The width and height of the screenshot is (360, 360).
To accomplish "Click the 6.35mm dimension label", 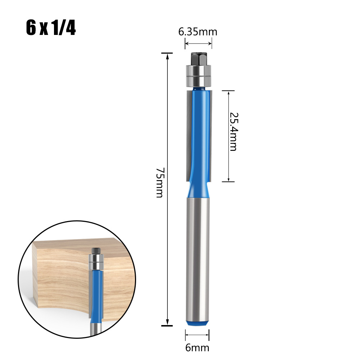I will click(198, 32).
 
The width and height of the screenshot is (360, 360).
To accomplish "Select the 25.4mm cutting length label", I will click(233, 131).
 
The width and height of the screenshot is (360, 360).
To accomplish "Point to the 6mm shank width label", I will click(198, 348).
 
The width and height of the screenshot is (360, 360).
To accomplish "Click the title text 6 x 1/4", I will click(51, 28).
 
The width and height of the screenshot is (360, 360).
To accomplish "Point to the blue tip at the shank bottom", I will click(197, 323).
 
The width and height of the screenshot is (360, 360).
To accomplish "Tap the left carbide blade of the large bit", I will click(189, 133).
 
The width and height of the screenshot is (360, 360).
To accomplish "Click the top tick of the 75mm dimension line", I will click(167, 54).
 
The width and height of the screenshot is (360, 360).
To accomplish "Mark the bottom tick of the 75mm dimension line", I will click(167, 325).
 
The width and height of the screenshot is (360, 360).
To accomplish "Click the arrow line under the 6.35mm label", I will click(198, 44).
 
